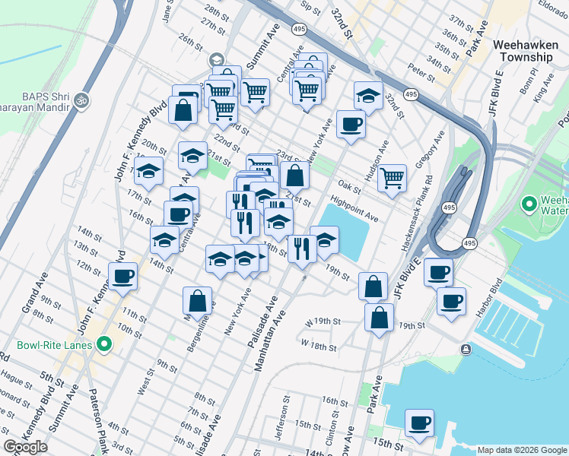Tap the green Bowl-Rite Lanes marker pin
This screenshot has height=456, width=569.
(x=104, y=345)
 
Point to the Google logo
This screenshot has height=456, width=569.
(x=25, y=447)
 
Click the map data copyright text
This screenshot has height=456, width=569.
(x=523, y=450)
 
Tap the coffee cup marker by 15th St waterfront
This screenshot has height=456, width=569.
(x=418, y=423)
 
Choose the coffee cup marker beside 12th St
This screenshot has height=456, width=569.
(x=122, y=277)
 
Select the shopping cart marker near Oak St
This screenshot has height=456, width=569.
(x=393, y=178)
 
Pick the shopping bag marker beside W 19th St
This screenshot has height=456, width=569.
(x=379, y=317)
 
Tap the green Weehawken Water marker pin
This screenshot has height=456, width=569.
(x=529, y=204)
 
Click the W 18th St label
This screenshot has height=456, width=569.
(x=319, y=345)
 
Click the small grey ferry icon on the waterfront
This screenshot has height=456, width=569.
(x=465, y=349)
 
